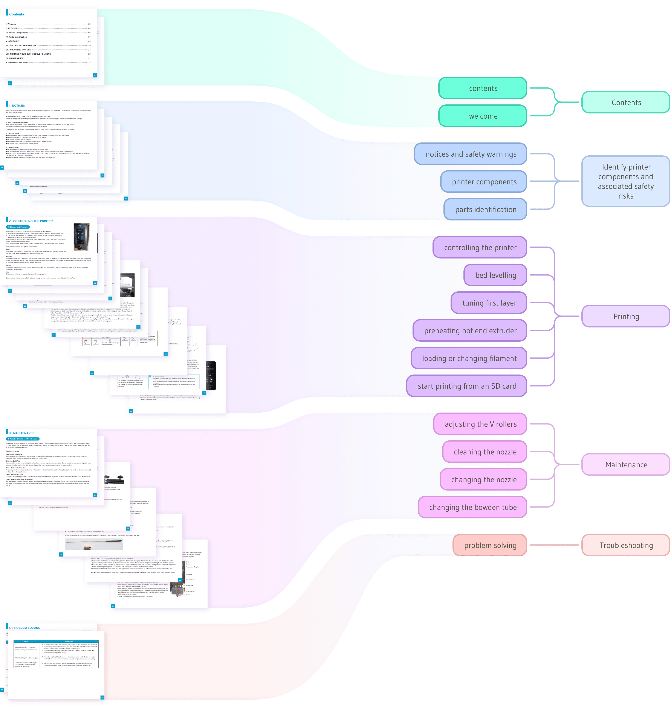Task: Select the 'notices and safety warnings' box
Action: click(x=471, y=154)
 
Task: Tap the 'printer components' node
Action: click(x=484, y=182)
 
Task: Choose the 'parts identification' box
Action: click(x=485, y=209)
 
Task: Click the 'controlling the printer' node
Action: click(x=480, y=248)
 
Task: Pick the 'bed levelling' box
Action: click(x=495, y=275)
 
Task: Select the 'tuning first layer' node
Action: click(x=489, y=303)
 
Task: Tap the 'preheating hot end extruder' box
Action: click(x=470, y=330)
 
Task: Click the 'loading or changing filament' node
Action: click(x=469, y=358)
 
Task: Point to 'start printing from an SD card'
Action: click(x=467, y=386)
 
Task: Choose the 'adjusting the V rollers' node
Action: click(x=480, y=424)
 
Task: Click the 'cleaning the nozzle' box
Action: click(x=485, y=452)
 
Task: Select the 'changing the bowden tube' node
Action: click(x=472, y=507)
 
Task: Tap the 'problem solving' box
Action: click(x=490, y=545)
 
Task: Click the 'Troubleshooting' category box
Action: click(x=626, y=545)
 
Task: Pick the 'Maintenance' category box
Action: click(x=626, y=465)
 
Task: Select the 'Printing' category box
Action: click(x=626, y=316)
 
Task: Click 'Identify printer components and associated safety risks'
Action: click(x=626, y=181)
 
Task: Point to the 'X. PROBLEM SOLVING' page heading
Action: click(x=24, y=628)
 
